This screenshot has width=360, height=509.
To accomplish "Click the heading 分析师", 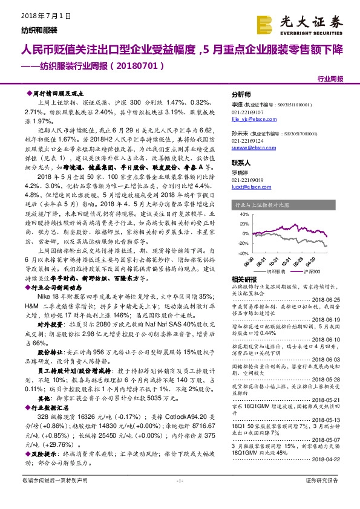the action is click(241, 96).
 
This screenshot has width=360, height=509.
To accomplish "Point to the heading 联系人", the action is click(241, 163).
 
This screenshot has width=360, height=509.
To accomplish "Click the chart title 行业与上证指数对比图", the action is click(264, 205).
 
